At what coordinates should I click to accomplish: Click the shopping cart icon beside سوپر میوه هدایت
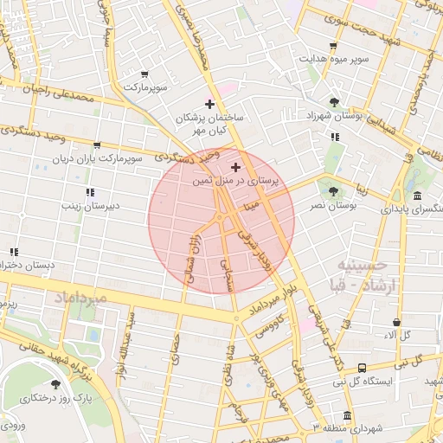[333, 46]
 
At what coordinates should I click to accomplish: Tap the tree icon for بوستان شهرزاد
[334, 102]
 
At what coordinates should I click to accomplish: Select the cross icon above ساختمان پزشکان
[209, 103]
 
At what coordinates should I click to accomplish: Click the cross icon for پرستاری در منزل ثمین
[235, 166]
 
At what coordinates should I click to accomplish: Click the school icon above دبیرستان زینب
[89, 192]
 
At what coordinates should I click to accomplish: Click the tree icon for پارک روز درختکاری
[56, 383]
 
